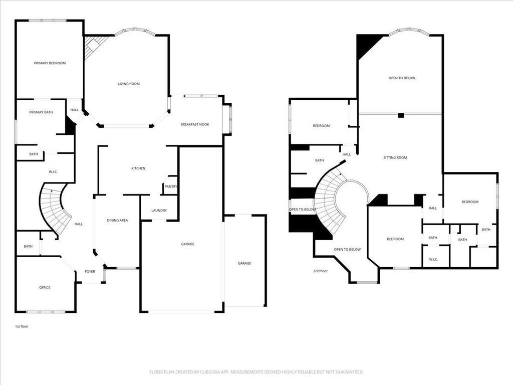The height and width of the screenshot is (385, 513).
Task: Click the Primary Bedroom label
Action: click(50, 63)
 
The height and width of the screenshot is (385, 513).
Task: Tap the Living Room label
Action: click(129, 84)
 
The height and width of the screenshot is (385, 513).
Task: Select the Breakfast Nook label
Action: click(195, 124)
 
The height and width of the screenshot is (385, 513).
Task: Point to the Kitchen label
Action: click(138, 168)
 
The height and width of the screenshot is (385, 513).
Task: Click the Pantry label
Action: click(171, 186)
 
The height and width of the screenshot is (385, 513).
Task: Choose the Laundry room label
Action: click(159, 211)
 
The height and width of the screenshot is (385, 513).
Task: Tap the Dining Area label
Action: click(117, 221)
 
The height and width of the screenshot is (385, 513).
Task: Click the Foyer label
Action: click(90, 271)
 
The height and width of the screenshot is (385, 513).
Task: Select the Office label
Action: click(45, 287)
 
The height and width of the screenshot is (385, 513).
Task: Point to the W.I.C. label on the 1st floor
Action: click(53, 171)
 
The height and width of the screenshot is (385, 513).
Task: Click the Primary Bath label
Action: click(41, 112)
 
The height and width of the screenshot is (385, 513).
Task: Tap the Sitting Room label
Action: click(395, 157)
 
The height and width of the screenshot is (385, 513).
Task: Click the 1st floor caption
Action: click(22, 326)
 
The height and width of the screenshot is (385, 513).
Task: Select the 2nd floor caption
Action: click(320, 271)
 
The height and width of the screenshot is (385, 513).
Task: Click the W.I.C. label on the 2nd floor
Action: click(433, 260)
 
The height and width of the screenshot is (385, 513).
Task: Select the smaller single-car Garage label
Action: click(244, 263)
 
